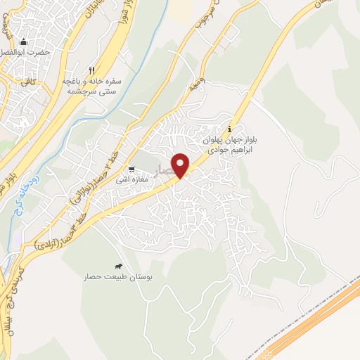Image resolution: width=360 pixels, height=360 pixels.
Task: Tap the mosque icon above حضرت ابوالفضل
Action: point(24,42)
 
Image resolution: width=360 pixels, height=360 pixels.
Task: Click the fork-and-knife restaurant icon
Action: point(91,70)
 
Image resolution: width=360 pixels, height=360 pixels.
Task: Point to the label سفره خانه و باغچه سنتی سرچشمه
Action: point(92,86)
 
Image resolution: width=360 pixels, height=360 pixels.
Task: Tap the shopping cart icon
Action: point(131,169)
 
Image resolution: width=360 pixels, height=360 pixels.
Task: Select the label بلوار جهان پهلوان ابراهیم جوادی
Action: point(232,144)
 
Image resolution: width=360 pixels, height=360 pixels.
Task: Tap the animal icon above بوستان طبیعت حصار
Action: point(118,266)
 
